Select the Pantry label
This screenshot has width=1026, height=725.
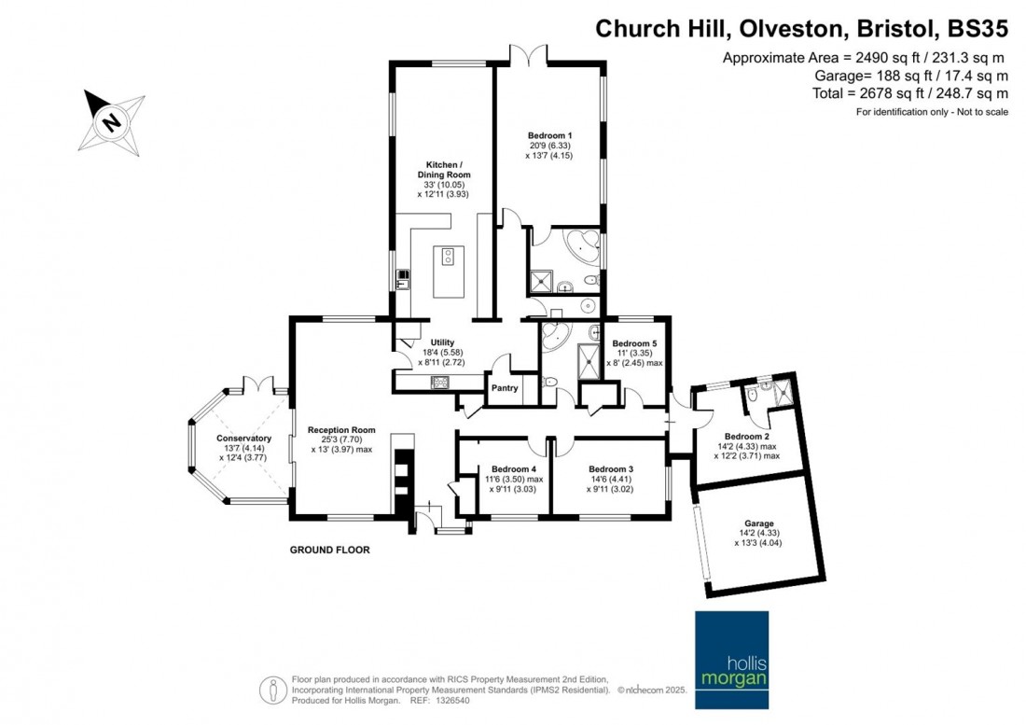(x=505, y=387)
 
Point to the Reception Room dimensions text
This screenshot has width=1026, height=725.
(x=341, y=444)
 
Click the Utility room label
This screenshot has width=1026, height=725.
(x=442, y=342)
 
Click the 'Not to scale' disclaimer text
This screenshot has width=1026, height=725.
(x=974, y=112)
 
